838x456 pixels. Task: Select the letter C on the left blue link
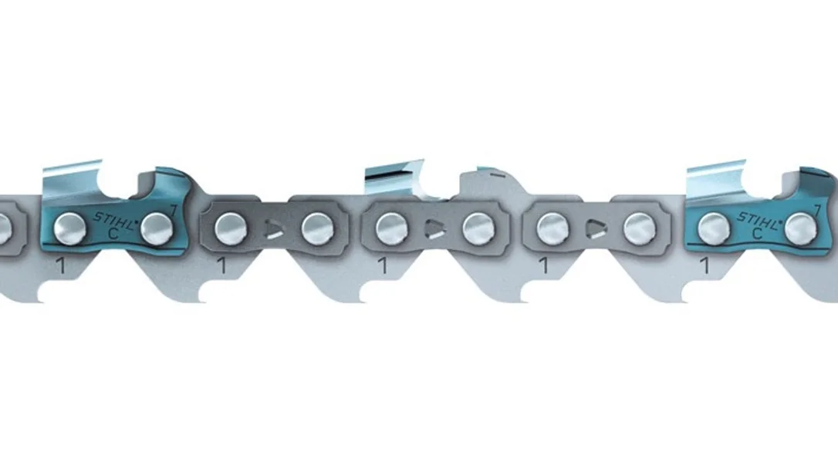113,234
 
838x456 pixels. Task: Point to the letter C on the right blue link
757,234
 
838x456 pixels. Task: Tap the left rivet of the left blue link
70,229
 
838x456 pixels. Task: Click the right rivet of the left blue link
157,228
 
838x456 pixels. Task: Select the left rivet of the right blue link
714,229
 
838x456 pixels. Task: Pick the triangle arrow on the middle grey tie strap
435,229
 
